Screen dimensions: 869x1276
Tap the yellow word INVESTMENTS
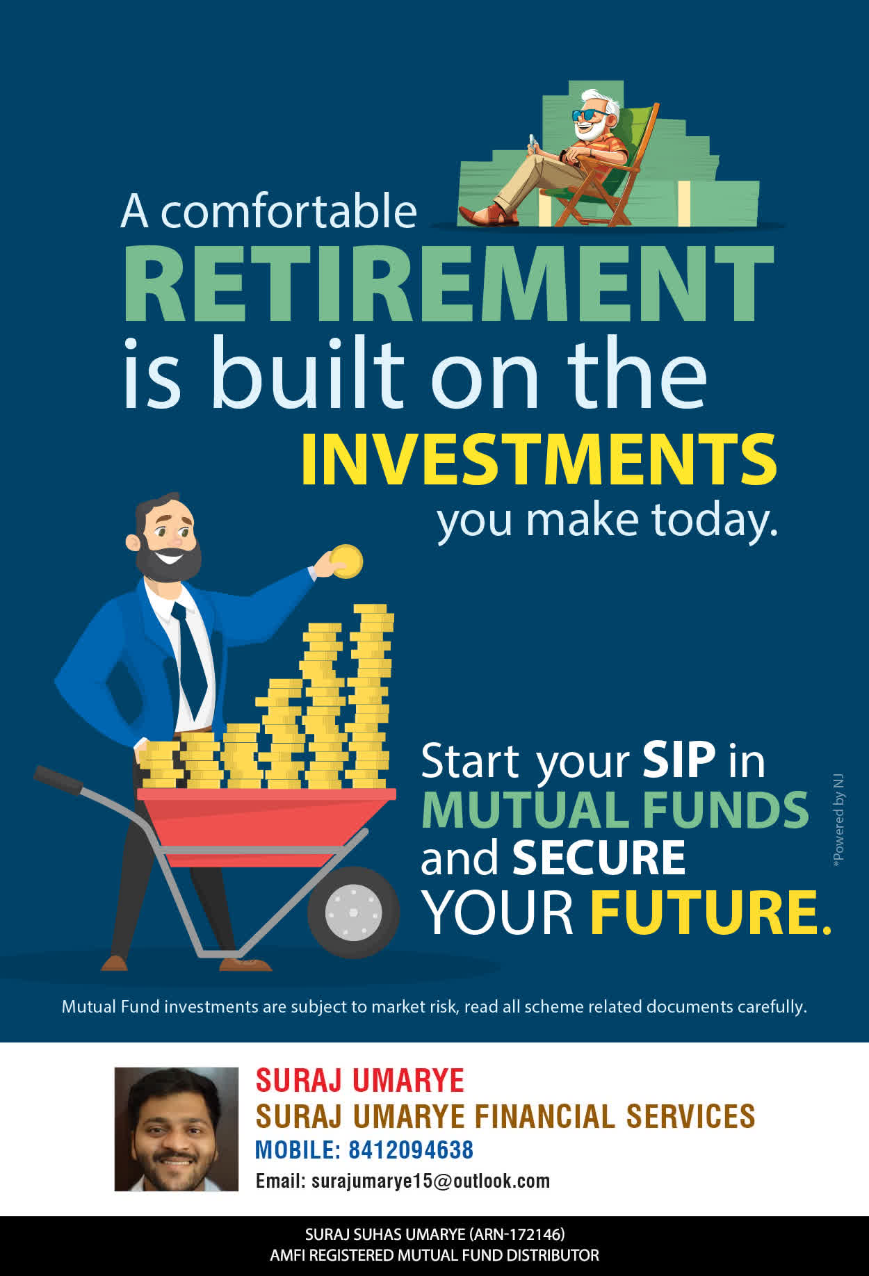[539, 459]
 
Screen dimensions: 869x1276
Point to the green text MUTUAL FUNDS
[615, 810]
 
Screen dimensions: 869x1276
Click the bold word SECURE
[599, 858]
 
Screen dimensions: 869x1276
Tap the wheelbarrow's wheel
[353, 911]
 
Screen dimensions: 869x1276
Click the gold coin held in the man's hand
[346, 561]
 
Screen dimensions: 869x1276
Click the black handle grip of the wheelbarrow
[58, 779]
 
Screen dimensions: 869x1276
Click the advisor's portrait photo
[177, 1129]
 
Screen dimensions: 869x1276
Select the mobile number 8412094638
[411, 1150]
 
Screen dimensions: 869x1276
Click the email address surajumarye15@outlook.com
[430, 1181]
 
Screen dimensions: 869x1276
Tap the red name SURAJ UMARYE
[360, 1081]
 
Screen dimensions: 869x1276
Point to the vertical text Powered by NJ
[838, 819]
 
